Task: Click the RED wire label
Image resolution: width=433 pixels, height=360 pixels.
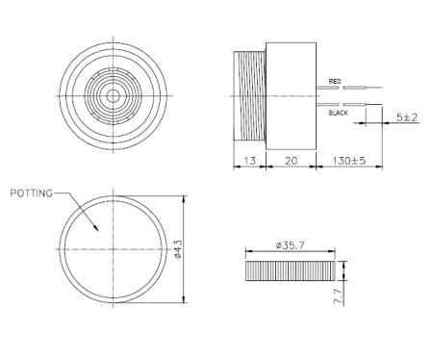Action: tap(335, 81)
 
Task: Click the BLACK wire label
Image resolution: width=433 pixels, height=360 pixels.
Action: tap(338, 113)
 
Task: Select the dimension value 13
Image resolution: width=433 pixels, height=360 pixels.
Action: tap(249, 163)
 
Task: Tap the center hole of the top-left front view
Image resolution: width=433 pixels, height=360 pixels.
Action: tap(115, 95)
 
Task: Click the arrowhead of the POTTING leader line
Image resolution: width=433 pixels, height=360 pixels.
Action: tap(97, 230)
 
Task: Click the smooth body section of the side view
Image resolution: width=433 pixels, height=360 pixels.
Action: tap(290, 96)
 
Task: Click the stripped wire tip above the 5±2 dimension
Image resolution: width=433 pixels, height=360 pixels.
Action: tap(375, 104)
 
